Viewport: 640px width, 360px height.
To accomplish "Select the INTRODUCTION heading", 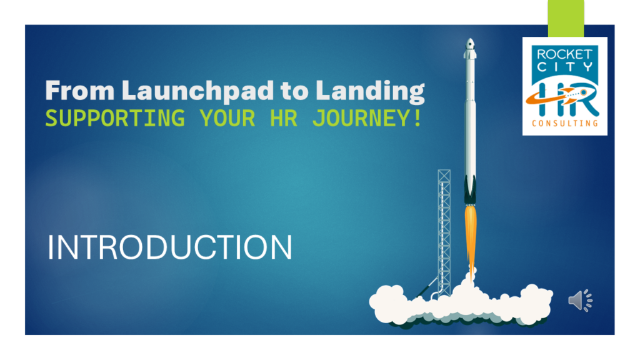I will tap(170, 247).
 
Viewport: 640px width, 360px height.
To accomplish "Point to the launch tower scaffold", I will tap(444, 231).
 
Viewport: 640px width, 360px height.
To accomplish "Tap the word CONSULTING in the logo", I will tap(564, 123).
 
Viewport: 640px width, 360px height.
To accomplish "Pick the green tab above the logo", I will tap(566, 17).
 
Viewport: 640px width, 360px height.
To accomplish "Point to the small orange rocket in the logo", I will tap(569, 95).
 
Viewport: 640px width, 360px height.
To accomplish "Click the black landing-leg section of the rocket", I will tap(469, 188).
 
